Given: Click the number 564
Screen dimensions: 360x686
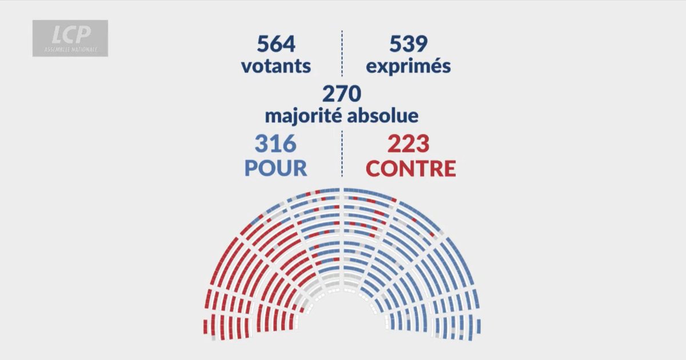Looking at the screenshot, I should (x=276, y=45).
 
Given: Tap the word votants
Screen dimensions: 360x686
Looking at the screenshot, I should (x=276, y=66).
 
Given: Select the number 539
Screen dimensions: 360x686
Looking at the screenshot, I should (x=408, y=45).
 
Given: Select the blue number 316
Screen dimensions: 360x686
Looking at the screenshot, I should (x=276, y=144).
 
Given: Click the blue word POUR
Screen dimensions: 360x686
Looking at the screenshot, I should (x=276, y=168).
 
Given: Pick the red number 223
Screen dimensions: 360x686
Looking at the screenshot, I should (x=408, y=144).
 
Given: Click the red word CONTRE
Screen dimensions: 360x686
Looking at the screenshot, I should (x=410, y=168).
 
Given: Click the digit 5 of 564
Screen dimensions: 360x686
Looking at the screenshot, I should (x=264, y=45).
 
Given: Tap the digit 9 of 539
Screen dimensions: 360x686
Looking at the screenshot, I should (x=421, y=45).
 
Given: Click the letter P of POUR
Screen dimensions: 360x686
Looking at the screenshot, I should (x=252, y=168).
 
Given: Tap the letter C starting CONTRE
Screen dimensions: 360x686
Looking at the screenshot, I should (x=374, y=168).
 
